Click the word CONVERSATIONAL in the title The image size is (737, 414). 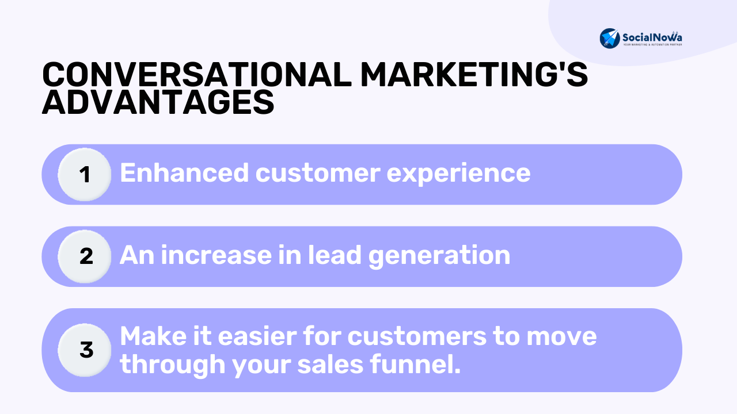197,75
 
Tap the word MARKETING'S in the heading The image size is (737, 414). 474,75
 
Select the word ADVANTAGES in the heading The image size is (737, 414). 158,102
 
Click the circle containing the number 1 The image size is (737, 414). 85,174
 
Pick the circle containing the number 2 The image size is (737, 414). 85,256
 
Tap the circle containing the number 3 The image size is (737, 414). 85,350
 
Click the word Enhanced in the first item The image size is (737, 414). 184,173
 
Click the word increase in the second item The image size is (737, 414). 216,255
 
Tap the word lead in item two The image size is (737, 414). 335,255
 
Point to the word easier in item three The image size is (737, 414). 257,336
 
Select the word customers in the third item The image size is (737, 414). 417,337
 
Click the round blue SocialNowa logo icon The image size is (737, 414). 610,39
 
